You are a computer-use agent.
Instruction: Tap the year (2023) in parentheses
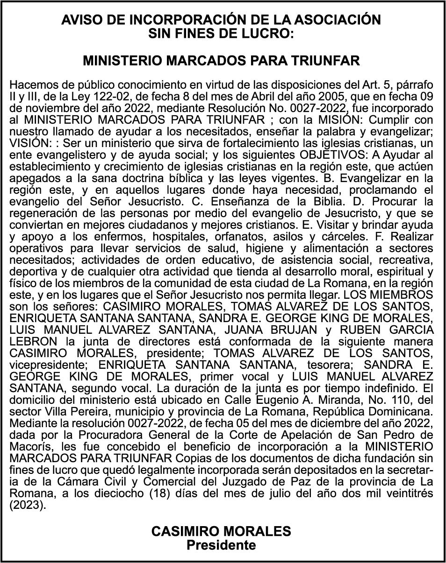coord(28,505)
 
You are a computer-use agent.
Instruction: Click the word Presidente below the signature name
coord(222,544)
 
